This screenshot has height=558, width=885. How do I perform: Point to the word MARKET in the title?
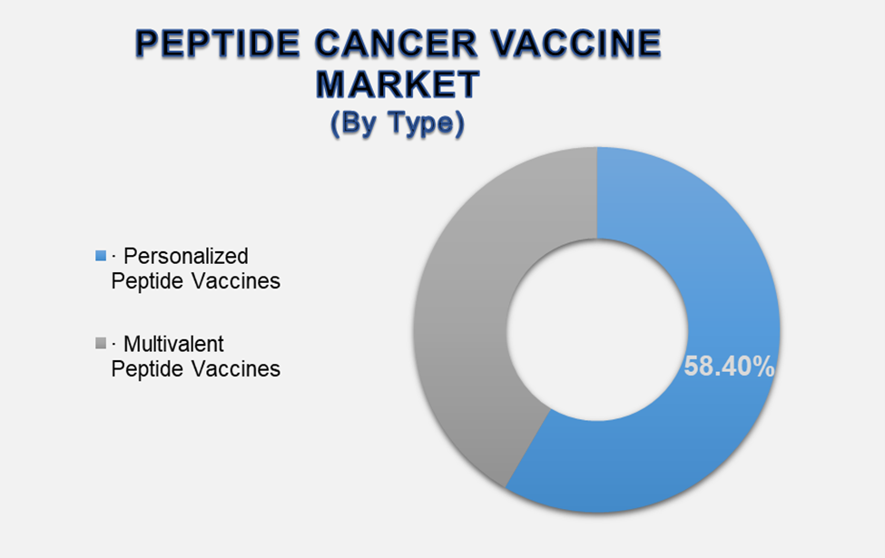coord(397,84)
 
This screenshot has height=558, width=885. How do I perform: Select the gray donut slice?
coord(472,272)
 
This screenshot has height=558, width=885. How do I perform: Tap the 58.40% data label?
coord(729,367)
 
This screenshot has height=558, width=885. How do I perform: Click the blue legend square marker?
coord(100,257)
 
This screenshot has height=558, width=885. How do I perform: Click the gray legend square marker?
coord(100,345)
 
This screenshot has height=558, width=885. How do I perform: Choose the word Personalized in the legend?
coord(185,256)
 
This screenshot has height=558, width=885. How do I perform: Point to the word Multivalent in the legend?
coord(173,345)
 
